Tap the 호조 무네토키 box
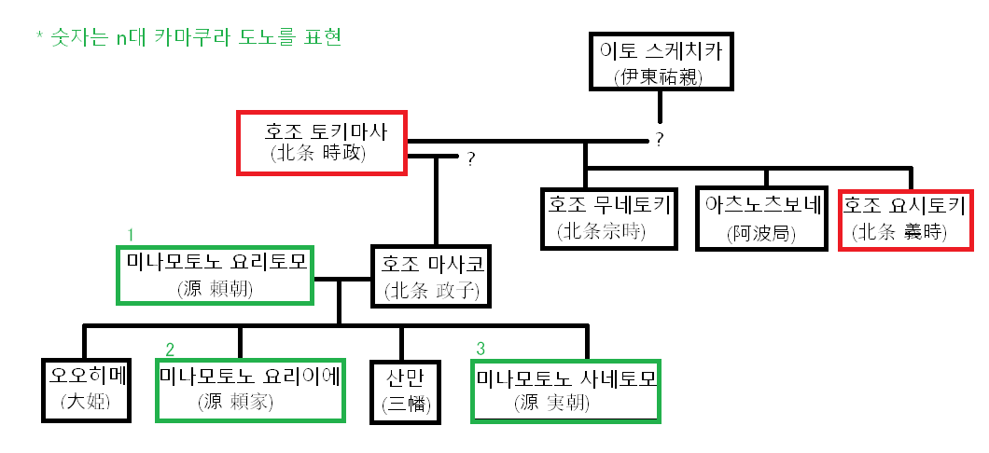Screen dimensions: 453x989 pyautogui.click(x=609, y=219)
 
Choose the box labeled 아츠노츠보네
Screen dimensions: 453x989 pyautogui.click(x=763, y=219)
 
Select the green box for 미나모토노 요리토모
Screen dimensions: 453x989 pyautogui.click(x=215, y=274)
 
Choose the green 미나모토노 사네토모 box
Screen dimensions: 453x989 pyautogui.click(x=567, y=390)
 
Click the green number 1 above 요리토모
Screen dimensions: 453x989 pyautogui.click(x=132, y=234)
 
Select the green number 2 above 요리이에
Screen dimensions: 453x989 pyautogui.click(x=170, y=350)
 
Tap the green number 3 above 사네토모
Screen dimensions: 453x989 pyautogui.click(x=481, y=349)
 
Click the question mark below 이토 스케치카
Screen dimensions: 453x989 pyautogui.click(x=659, y=140)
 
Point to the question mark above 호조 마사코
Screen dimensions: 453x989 pyautogui.click(x=471, y=159)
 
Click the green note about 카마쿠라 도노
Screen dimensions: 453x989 pyautogui.click(x=188, y=39)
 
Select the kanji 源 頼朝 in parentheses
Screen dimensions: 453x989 pyautogui.click(x=215, y=290)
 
